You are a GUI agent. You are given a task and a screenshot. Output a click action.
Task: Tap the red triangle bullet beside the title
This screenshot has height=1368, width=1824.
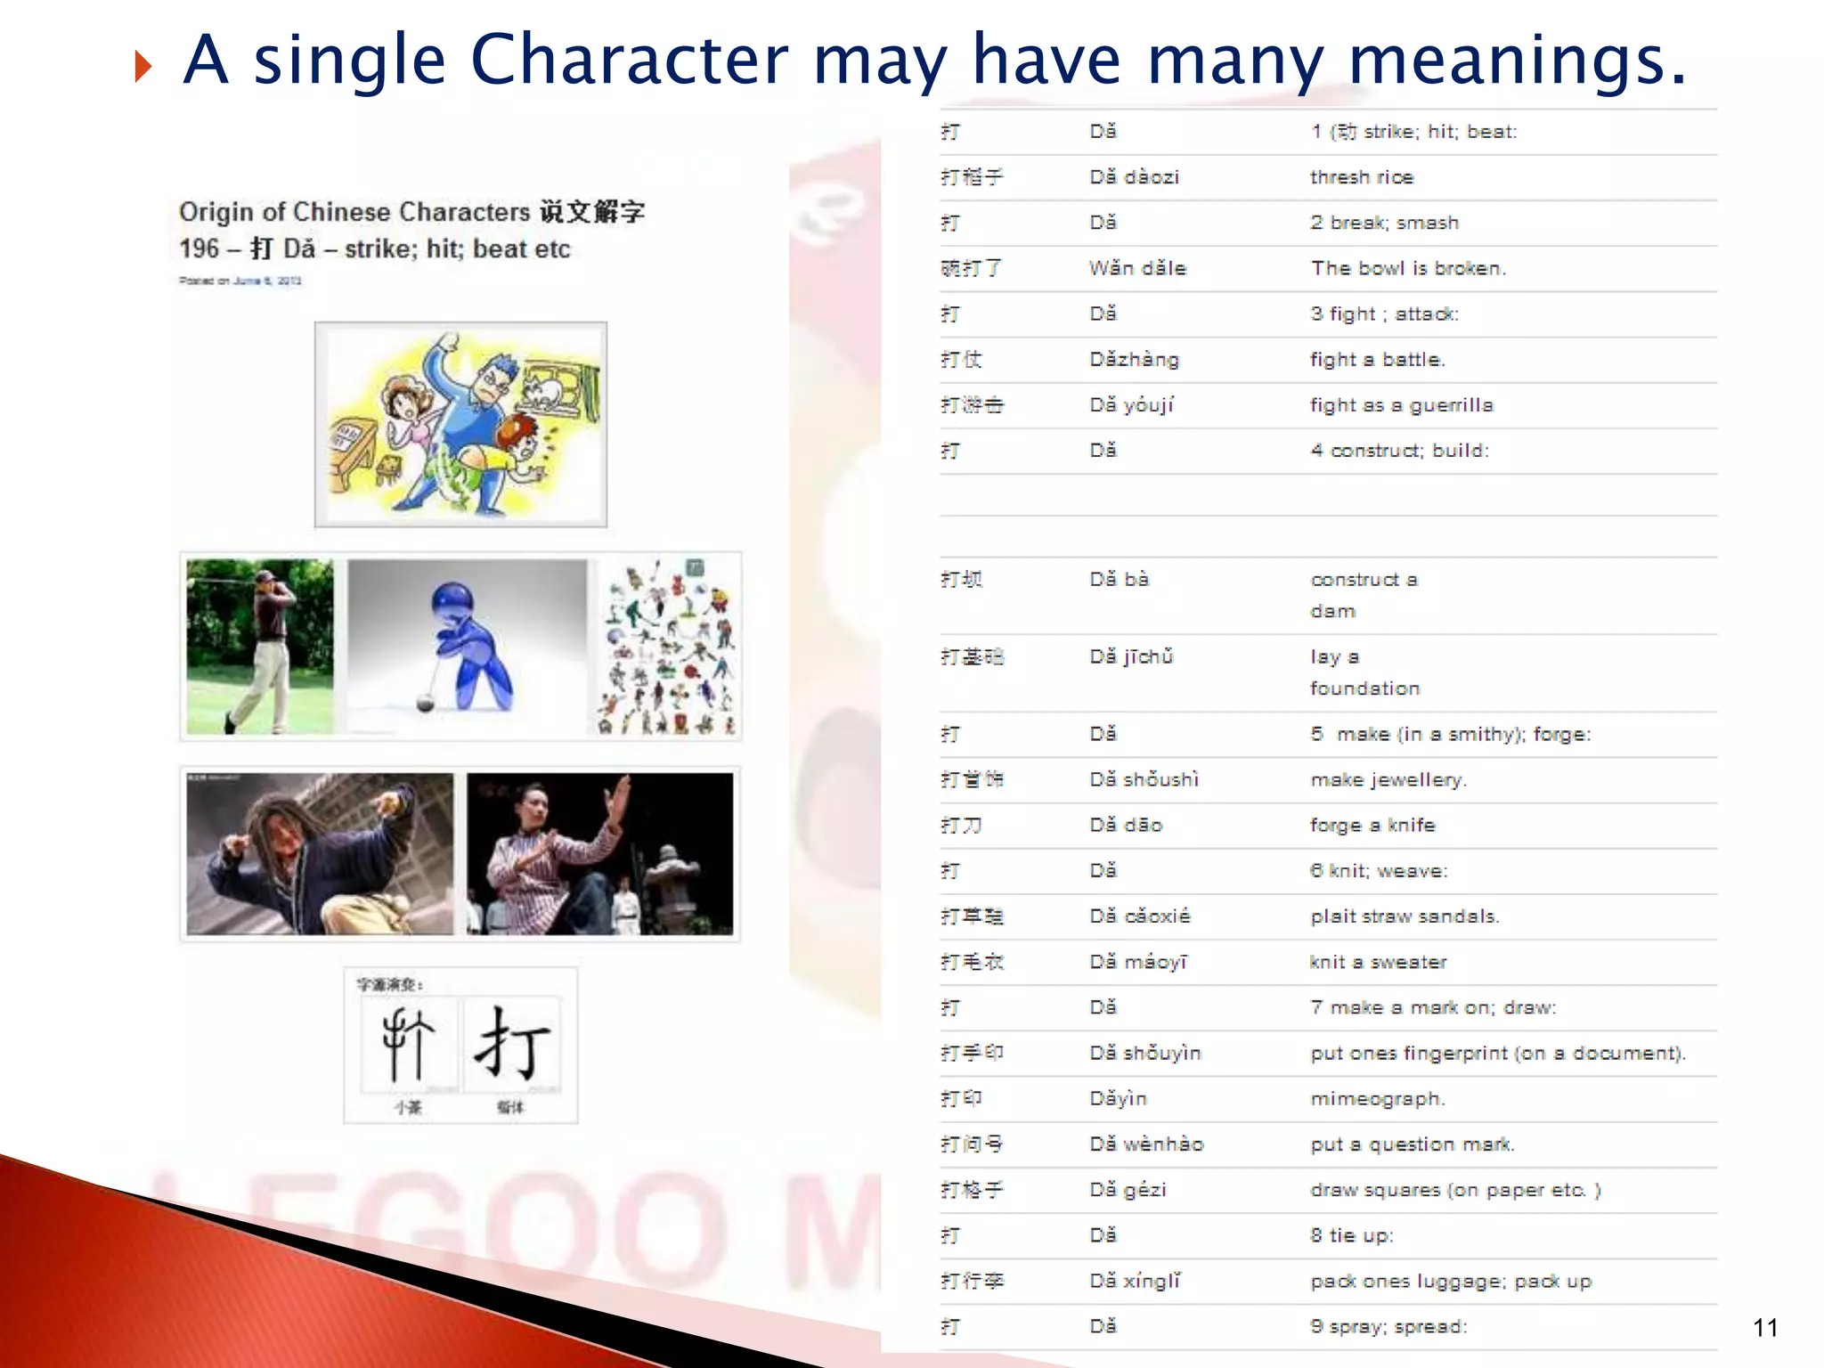[x=142, y=67]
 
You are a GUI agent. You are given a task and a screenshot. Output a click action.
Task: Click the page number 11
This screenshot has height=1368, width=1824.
[x=1765, y=1328]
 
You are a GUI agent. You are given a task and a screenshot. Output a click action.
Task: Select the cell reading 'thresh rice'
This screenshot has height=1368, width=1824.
[x=1362, y=177]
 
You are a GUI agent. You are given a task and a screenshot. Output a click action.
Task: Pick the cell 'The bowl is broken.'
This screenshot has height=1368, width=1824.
[x=1408, y=268]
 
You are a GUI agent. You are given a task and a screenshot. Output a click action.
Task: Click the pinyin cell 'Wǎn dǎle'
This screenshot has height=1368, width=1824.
[x=1137, y=268]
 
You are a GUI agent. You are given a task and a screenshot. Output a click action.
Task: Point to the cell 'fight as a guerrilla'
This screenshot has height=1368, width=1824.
[x=1401, y=405]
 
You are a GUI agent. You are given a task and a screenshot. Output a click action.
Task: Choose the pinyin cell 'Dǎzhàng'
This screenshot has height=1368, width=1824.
[x=1134, y=360]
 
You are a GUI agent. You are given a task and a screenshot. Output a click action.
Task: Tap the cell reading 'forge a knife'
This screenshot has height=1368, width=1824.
[x=1372, y=826]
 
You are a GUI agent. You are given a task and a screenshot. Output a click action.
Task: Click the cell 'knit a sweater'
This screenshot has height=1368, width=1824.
[x=1378, y=962]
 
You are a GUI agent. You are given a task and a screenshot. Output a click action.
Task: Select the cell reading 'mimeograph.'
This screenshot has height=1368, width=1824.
[x=1377, y=1099]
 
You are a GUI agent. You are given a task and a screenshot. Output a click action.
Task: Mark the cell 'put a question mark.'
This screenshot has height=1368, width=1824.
[x=1412, y=1144]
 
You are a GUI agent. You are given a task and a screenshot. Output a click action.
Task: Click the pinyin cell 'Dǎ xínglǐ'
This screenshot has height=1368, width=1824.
[x=1135, y=1282]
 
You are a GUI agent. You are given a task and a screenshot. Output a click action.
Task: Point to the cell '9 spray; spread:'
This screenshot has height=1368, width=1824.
[x=1388, y=1327]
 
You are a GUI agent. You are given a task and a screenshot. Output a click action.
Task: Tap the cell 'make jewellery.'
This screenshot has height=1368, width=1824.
[x=1388, y=780]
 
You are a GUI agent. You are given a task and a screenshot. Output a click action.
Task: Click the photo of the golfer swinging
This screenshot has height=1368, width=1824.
[x=260, y=647]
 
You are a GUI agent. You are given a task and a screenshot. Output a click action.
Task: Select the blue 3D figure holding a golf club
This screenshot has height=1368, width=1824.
[x=468, y=647]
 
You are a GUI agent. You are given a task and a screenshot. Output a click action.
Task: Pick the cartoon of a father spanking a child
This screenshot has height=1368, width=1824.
[x=460, y=425]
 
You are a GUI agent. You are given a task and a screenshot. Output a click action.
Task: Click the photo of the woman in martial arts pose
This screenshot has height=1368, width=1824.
[x=599, y=854]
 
